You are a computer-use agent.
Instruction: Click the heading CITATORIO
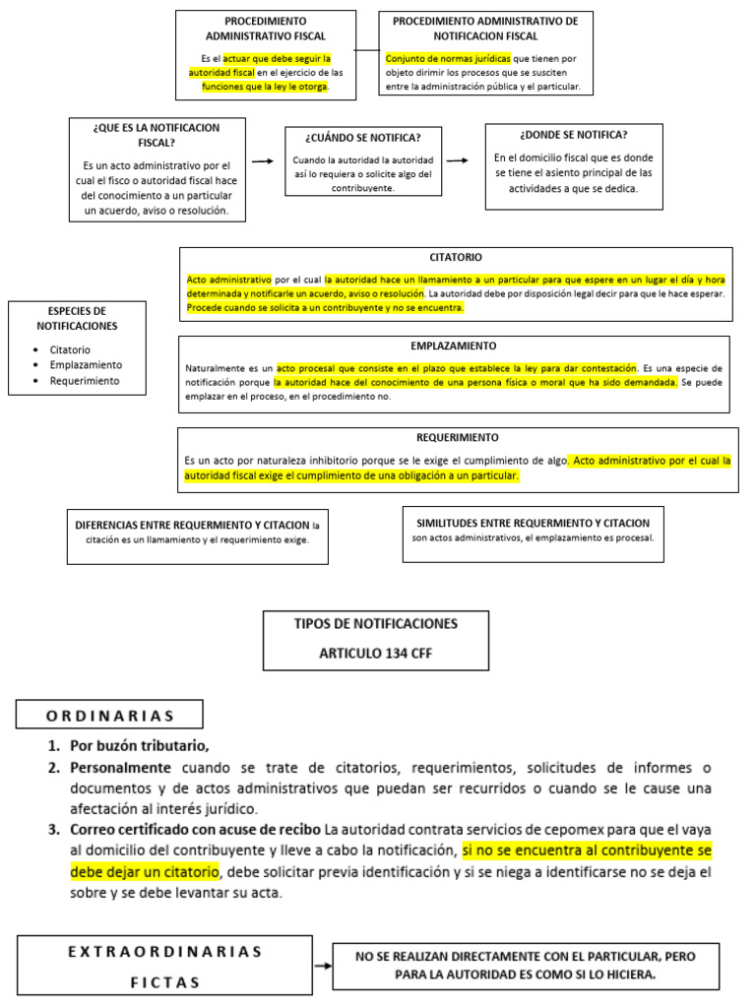[x=455, y=257]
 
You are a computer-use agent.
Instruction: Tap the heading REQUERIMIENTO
[x=458, y=437]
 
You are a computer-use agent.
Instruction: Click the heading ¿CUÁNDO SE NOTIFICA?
[x=362, y=137]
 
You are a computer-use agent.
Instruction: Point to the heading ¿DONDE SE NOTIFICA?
[x=573, y=135]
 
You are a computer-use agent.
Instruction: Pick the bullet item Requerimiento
[x=85, y=380]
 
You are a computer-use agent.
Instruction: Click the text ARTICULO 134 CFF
[x=375, y=653]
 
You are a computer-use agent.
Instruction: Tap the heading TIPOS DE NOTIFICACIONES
[x=375, y=624]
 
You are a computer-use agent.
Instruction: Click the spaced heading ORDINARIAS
[x=110, y=716]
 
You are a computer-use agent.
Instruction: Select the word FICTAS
[x=164, y=982]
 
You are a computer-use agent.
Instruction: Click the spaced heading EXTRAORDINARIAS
[x=165, y=951]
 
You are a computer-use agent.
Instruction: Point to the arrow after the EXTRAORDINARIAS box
[x=322, y=967]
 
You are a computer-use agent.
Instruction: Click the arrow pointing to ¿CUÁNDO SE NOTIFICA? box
[x=262, y=159]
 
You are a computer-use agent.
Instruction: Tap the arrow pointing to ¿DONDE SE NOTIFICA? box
[x=457, y=159]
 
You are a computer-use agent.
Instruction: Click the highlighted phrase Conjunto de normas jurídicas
[x=448, y=58]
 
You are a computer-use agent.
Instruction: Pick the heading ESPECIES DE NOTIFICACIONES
[x=77, y=318]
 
